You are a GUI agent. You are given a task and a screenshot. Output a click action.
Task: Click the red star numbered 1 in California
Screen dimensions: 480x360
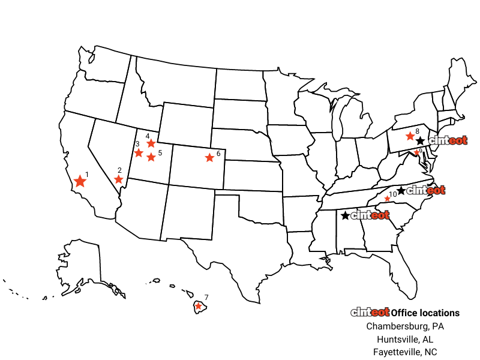[x=80, y=181]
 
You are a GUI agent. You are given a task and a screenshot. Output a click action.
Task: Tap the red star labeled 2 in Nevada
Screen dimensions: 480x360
[x=118, y=179]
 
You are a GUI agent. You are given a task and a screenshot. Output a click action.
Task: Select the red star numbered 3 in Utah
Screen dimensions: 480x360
[x=139, y=152]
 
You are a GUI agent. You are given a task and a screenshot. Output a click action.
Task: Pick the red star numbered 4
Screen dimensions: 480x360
[x=151, y=143]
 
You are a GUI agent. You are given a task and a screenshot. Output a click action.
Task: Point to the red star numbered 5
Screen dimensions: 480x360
[x=151, y=157]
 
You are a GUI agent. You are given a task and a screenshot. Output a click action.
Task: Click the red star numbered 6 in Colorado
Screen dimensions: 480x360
[x=209, y=158]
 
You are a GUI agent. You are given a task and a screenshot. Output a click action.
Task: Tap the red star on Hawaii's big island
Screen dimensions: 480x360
[x=199, y=306]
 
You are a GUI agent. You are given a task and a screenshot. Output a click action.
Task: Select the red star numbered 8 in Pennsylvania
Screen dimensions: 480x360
[x=410, y=136]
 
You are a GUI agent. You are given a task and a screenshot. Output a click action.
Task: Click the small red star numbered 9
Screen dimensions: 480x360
[x=416, y=152]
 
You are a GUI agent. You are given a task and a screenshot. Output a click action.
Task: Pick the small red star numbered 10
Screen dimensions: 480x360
[x=387, y=199]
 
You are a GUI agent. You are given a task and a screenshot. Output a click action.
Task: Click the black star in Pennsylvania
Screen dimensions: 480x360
[x=421, y=141]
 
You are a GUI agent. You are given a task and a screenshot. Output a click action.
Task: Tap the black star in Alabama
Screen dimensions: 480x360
[x=346, y=215]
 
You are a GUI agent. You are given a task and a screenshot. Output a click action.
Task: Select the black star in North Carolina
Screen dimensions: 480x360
[x=401, y=190]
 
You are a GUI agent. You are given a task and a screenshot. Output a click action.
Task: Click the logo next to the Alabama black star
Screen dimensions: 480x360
[x=370, y=215]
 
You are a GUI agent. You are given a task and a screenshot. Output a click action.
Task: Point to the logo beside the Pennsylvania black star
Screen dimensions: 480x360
[x=448, y=140]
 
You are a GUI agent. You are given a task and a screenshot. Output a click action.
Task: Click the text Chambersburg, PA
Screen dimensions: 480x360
[x=405, y=326]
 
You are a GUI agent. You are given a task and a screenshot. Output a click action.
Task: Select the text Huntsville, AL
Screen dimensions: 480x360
[x=405, y=340]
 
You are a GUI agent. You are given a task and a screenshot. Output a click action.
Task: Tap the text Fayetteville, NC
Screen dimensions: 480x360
[x=405, y=352]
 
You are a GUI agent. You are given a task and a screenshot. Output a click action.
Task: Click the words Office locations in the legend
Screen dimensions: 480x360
[x=425, y=313]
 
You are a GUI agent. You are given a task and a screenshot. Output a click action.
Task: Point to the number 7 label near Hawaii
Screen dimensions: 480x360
[x=206, y=297]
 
